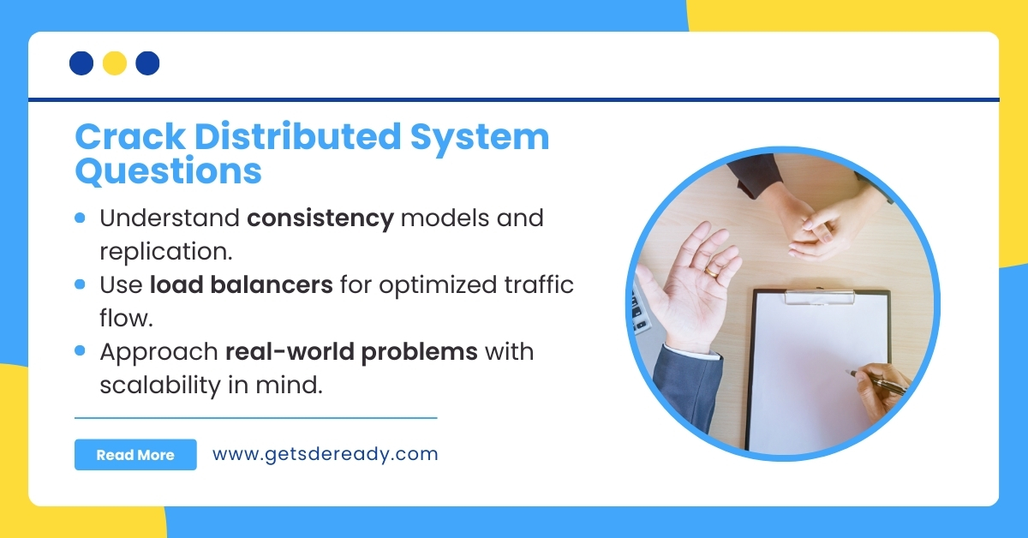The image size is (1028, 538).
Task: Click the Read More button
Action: [135, 455]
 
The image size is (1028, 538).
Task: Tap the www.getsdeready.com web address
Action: [325, 454]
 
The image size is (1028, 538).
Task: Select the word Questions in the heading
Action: [168, 171]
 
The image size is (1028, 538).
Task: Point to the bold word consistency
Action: [320, 218]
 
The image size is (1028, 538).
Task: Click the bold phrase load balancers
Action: [242, 284]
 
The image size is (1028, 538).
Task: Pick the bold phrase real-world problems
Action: [351, 351]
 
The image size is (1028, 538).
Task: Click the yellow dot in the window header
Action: [115, 63]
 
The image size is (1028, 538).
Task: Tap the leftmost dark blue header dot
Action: [81, 63]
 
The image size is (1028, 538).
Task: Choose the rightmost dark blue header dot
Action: [148, 63]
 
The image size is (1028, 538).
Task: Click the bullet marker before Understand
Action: [81, 218]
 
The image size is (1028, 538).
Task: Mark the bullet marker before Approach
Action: [81, 351]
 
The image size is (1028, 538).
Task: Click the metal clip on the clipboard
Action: [820, 297]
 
